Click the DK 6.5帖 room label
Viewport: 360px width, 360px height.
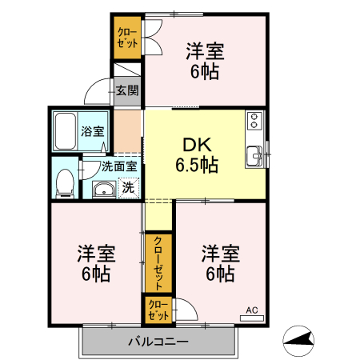(x=195, y=154)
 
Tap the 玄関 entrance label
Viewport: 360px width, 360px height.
(x=126, y=91)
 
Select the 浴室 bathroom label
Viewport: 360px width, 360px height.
(x=92, y=130)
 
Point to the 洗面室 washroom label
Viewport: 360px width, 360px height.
(x=118, y=167)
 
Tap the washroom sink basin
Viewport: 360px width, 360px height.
(x=103, y=190)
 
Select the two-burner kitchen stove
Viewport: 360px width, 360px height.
(x=255, y=120)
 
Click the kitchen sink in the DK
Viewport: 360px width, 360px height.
(x=255, y=154)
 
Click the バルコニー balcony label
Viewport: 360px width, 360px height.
(x=158, y=342)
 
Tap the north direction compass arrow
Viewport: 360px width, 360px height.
(x=300, y=342)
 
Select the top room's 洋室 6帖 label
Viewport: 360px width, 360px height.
(x=205, y=61)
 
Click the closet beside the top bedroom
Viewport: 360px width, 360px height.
(x=126, y=37)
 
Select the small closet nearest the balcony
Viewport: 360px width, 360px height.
(x=157, y=310)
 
